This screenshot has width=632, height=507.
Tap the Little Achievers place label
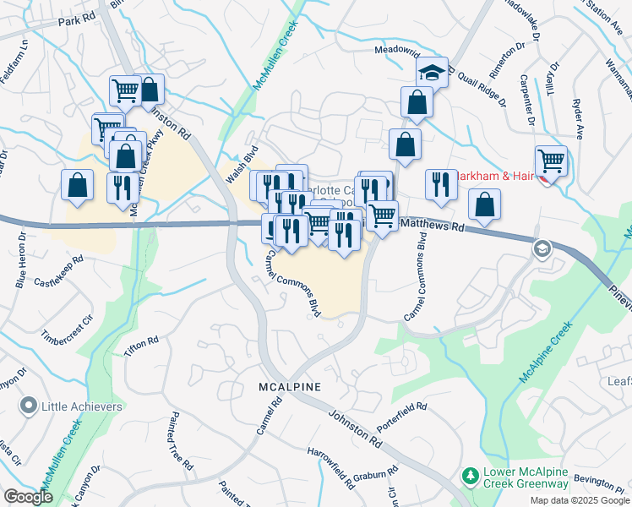[x=82, y=406]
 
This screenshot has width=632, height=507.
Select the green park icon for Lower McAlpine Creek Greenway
[x=471, y=477]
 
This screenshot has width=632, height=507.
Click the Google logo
[x=28, y=497]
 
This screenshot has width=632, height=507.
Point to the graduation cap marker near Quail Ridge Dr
[x=432, y=73]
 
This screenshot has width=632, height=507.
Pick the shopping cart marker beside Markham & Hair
[x=550, y=160]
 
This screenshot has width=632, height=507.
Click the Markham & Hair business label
[x=494, y=177]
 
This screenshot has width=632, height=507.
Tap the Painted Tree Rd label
[x=181, y=435]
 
